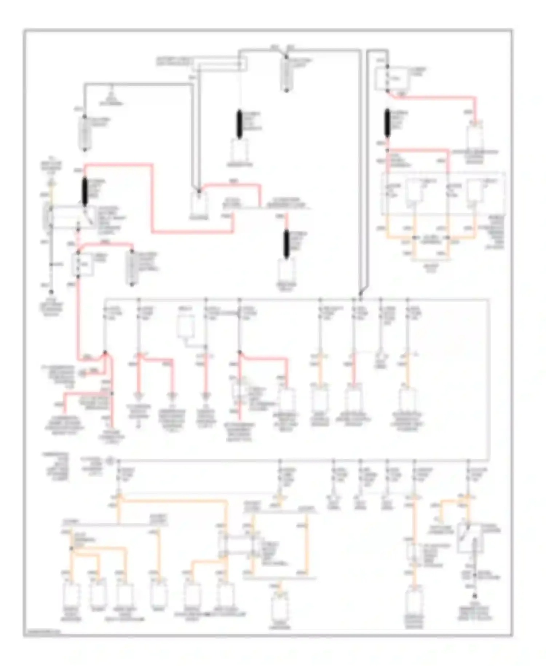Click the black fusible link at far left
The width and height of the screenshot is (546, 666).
pos(85,191)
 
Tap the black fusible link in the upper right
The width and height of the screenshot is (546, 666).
pos(387,123)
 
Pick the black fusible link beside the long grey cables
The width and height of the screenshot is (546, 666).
pos(286,244)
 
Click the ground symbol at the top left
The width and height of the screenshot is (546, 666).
pos(111,95)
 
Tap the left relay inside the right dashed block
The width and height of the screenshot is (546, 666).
pos(414,191)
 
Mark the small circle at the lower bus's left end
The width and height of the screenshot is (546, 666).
pos(110,461)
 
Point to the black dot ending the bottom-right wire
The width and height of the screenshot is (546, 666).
pos(474,596)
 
